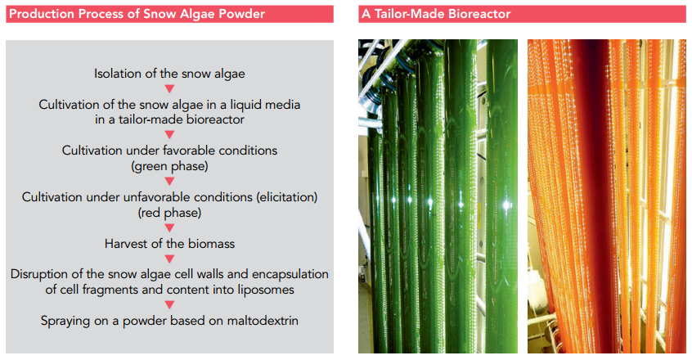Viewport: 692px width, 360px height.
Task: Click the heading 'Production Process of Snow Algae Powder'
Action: (137, 14)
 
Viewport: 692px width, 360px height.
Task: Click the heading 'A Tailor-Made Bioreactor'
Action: (436, 14)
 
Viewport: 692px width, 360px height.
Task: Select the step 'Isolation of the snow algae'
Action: (169, 74)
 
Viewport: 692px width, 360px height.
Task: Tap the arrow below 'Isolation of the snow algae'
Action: (169, 89)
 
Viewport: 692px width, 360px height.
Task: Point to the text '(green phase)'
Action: (169, 166)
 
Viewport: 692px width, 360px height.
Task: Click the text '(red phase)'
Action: (169, 213)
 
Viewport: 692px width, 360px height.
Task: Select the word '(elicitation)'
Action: (287, 196)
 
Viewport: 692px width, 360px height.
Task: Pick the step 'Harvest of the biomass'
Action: (169, 244)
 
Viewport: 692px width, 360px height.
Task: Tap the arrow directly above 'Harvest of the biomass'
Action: (169, 227)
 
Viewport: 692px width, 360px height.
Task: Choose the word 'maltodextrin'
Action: (263, 320)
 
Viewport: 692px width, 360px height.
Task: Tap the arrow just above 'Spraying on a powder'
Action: (169, 305)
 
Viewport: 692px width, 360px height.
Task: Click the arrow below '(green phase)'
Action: (169, 182)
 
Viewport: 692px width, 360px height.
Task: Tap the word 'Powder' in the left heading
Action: (244, 14)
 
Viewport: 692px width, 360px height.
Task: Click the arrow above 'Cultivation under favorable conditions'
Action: (169, 134)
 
